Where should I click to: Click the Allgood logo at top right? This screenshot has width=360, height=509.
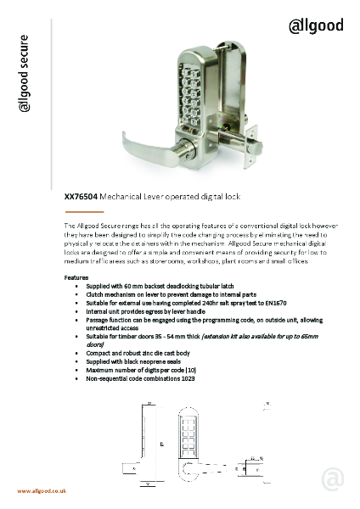317,25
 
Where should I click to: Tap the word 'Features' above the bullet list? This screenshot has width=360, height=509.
77,277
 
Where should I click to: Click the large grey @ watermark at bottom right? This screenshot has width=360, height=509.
332,478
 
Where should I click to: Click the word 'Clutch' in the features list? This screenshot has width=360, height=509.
98,293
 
